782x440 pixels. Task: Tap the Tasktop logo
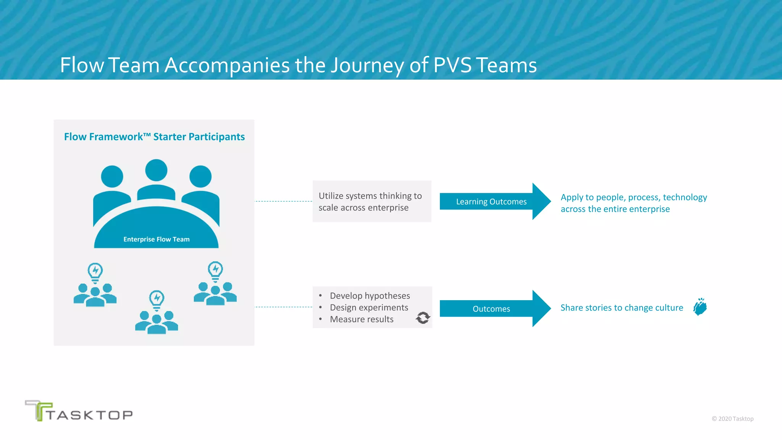point(79,411)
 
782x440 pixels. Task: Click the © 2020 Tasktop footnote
point(732,419)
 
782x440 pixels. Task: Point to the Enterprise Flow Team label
point(156,239)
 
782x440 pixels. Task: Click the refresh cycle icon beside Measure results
point(423,318)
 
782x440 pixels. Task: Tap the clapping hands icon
point(700,307)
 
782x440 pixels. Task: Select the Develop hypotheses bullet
point(370,296)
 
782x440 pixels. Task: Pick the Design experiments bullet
point(369,307)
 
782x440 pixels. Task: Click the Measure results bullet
point(362,319)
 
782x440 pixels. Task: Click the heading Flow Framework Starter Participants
point(154,137)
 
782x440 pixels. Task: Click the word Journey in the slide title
point(367,66)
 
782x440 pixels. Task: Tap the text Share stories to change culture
point(622,308)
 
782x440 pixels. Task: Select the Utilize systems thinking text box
point(372,201)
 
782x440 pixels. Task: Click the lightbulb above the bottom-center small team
point(157,299)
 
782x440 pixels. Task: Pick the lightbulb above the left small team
point(95,272)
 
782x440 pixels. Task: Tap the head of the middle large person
point(156,170)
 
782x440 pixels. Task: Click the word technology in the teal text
point(685,197)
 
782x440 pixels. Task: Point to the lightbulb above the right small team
point(215,270)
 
